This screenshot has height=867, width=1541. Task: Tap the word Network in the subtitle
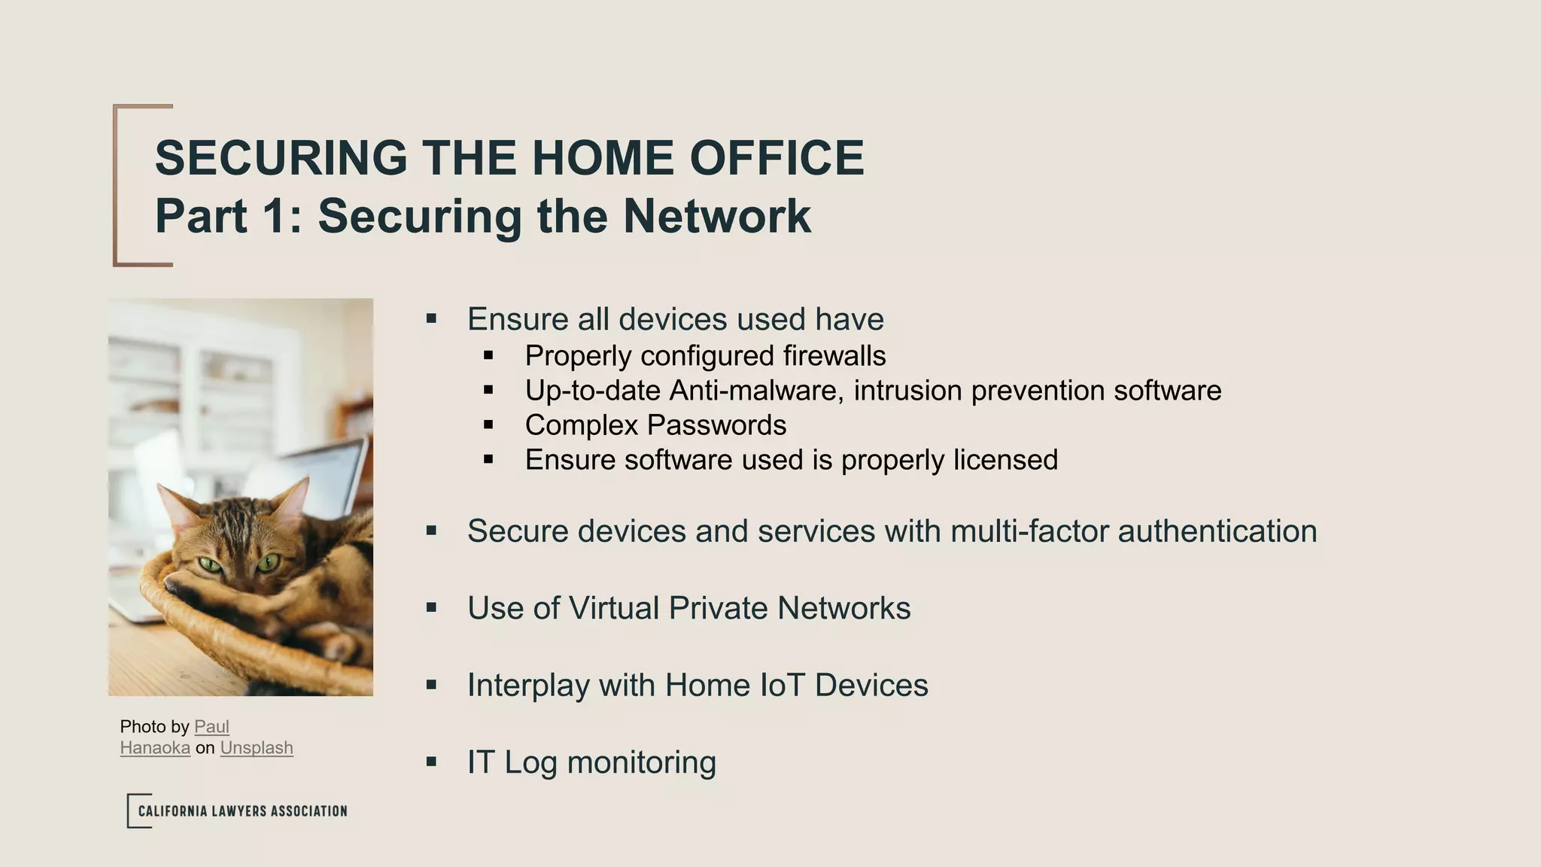coord(716,217)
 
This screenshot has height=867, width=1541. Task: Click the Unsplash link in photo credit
coord(257,748)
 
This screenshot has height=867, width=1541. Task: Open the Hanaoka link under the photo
coord(155,748)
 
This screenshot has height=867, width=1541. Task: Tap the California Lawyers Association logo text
coord(242,811)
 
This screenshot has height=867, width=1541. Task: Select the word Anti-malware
coord(756,391)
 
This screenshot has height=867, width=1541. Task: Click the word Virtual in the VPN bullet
coord(613,608)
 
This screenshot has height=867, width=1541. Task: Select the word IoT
coord(783,686)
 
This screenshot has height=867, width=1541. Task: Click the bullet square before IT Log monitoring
coord(431,762)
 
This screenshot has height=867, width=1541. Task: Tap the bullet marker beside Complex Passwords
coord(488,425)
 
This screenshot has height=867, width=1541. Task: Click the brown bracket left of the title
coord(116,185)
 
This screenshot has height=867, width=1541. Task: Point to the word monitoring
coord(641,762)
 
